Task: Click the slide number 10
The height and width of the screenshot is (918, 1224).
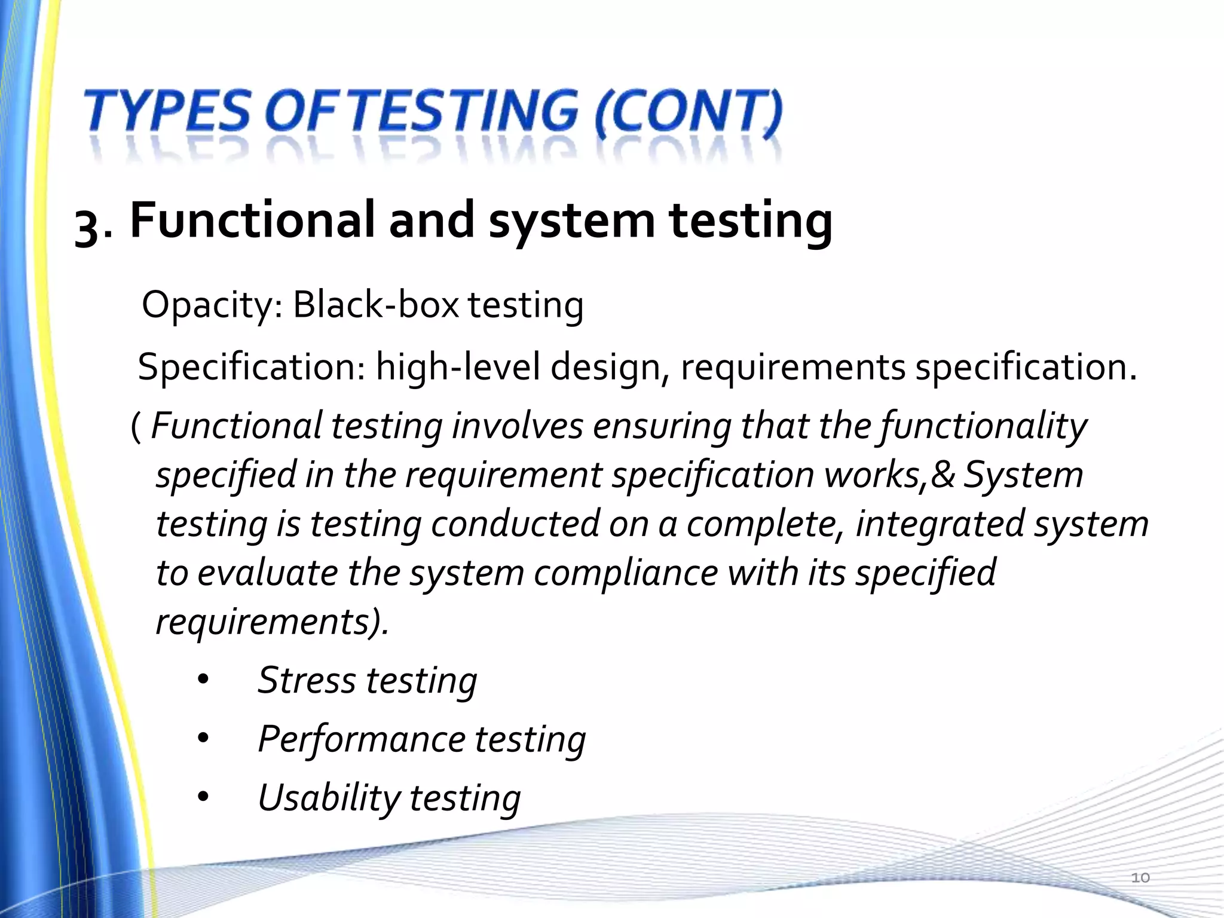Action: coord(1140,877)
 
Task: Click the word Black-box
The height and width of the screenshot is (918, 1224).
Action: coord(375,305)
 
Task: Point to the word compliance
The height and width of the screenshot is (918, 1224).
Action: coord(625,573)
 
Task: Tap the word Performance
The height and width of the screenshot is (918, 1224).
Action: coord(361,739)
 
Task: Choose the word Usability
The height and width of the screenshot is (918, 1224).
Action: coord(329,798)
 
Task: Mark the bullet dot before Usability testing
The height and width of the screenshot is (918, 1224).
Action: coord(203,798)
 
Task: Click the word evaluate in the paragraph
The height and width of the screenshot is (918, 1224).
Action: coord(268,573)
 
